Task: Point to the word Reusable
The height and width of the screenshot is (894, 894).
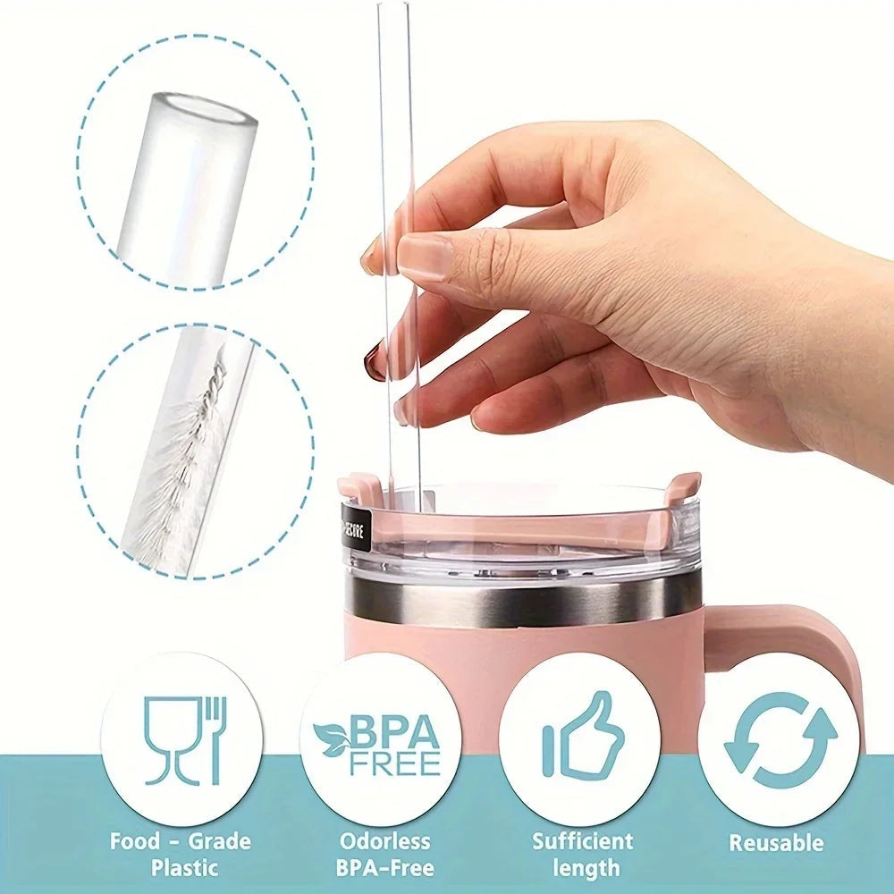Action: [775, 842]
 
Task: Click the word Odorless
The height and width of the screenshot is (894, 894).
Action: [385, 841]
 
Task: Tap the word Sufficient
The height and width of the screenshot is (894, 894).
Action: [583, 840]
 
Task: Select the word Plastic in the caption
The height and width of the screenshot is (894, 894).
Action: [184, 866]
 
